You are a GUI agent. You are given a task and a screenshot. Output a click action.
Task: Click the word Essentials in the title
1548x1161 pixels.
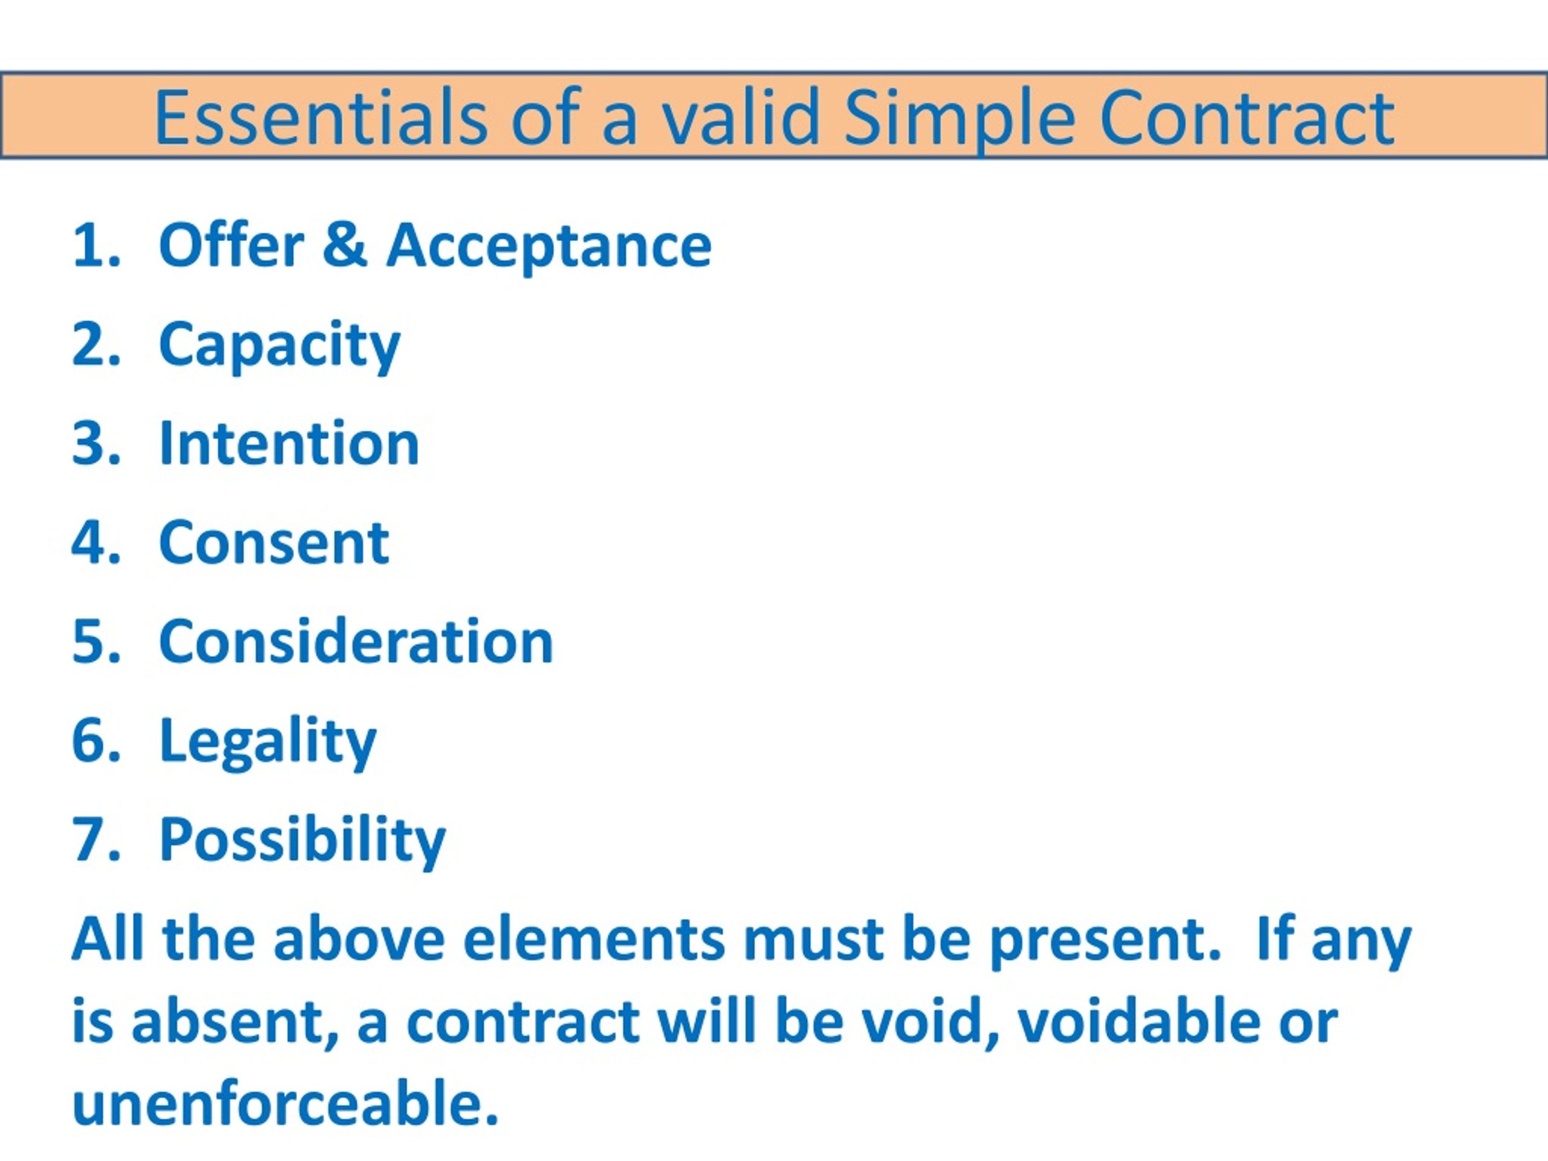pyautogui.click(x=320, y=117)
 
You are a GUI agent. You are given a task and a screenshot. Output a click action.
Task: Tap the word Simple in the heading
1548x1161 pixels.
pyautogui.click(x=959, y=117)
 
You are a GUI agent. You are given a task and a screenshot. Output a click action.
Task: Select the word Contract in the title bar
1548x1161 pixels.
pyautogui.click(x=1247, y=117)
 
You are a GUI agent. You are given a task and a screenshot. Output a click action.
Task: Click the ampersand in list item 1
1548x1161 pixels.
pyautogui.click(x=344, y=245)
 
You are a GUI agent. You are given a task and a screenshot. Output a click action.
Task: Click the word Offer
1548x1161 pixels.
pyautogui.click(x=232, y=245)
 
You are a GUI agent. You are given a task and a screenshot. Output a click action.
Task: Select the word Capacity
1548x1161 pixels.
pyautogui.click(x=279, y=345)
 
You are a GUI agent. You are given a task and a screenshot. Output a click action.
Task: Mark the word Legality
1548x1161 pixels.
pyautogui.click(x=268, y=742)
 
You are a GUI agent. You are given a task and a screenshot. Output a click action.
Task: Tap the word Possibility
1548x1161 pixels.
pyautogui.click(x=302, y=841)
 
